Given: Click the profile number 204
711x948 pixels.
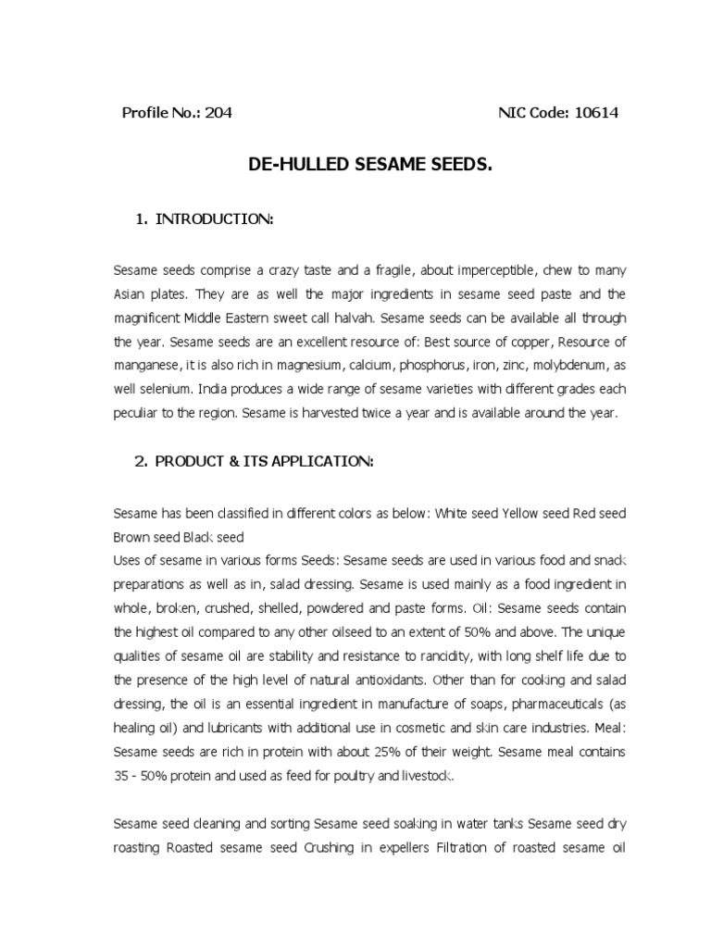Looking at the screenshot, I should tap(218, 114).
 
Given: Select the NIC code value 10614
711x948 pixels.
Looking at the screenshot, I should tap(596, 114).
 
